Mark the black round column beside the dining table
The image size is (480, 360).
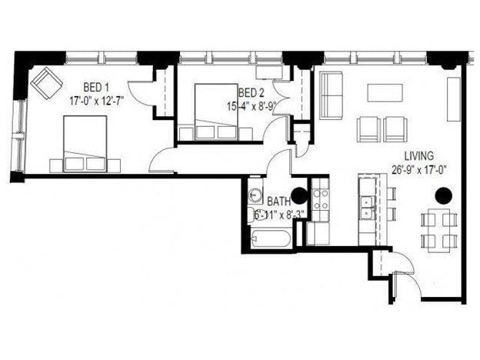443,195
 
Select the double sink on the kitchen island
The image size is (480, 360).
366,207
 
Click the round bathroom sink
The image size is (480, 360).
257,193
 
